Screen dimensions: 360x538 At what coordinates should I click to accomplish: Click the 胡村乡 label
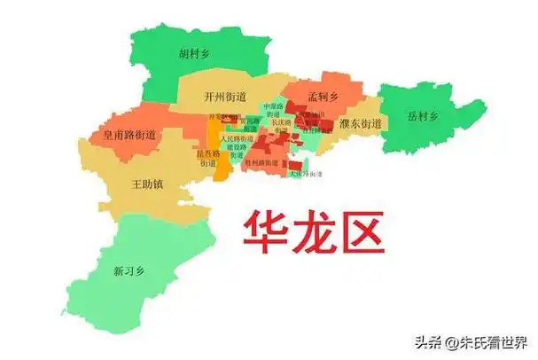click(x=193, y=53)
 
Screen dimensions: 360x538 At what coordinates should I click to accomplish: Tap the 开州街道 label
click(x=225, y=97)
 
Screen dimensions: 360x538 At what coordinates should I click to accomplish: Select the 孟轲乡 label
click(x=323, y=97)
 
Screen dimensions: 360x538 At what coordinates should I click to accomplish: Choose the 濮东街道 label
click(x=360, y=123)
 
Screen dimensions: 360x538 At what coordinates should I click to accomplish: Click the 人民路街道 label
click(x=236, y=139)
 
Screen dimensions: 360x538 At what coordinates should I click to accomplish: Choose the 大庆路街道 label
click(x=307, y=174)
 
